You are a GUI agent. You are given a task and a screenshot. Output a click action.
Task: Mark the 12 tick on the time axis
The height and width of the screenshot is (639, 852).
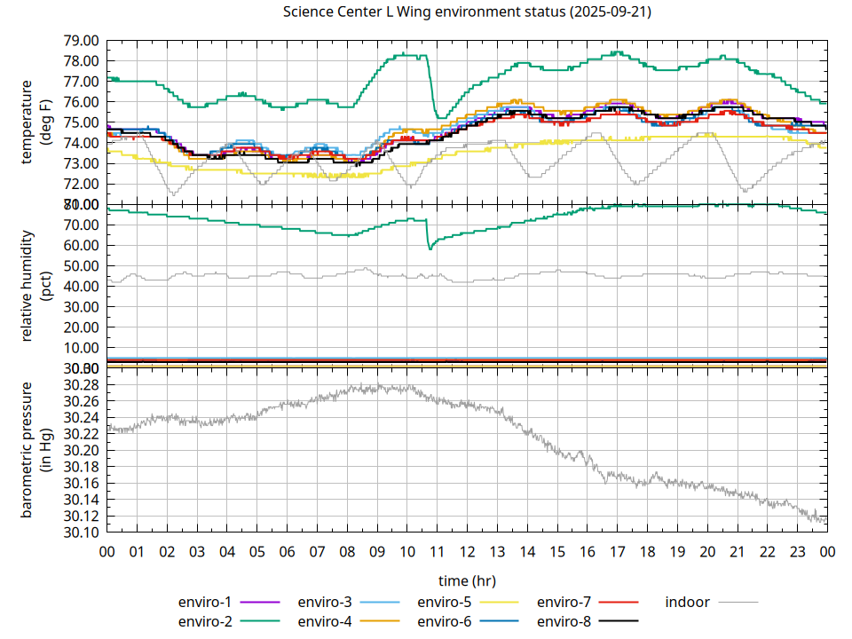(x=467, y=551)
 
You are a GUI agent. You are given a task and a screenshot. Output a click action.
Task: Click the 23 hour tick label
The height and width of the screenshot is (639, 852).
(x=797, y=551)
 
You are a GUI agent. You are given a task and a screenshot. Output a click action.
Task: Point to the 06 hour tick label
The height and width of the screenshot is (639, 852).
(x=287, y=551)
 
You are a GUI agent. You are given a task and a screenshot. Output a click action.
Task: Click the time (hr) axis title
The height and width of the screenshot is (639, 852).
(x=467, y=581)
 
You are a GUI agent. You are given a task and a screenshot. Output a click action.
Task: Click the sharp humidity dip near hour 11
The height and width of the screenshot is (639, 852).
(x=430, y=248)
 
